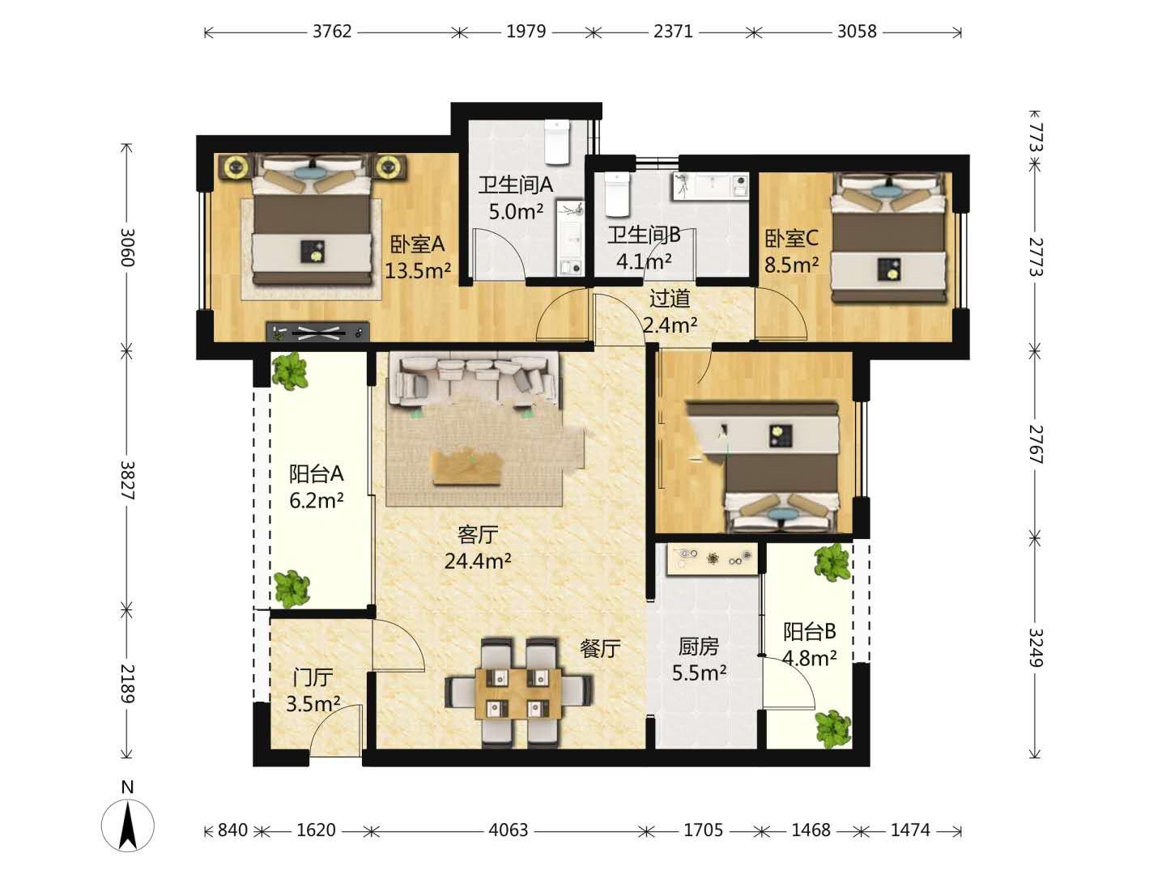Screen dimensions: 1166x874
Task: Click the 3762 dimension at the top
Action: (x=332, y=32)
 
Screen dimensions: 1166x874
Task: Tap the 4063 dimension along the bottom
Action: (x=509, y=830)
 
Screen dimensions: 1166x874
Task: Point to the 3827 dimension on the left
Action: (x=127, y=481)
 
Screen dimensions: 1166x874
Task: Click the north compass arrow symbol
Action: (x=127, y=825)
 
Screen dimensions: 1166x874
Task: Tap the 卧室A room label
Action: (x=417, y=244)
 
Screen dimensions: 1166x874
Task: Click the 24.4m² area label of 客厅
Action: (x=478, y=561)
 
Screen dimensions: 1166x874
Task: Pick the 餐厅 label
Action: (x=600, y=649)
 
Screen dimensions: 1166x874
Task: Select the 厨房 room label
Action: (x=699, y=647)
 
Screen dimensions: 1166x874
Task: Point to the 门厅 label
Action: (x=313, y=677)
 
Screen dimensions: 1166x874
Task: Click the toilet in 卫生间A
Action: (x=557, y=141)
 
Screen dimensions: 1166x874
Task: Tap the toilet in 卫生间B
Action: (x=617, y=194)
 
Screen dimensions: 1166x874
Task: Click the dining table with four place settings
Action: (x=518, y=694)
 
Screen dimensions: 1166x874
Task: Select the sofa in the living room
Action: (x=474, y=379)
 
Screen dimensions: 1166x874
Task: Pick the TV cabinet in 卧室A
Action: (x=317, y=332)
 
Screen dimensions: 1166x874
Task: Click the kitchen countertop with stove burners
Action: (x=711, y=558)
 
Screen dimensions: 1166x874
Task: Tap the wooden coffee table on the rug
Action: (x=467, y=467)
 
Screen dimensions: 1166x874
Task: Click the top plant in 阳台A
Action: (x=290, y=371)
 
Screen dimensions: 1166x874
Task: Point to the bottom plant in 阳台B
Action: (x=833, y=728)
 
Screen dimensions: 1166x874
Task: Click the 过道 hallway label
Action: (x=670, y=299)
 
